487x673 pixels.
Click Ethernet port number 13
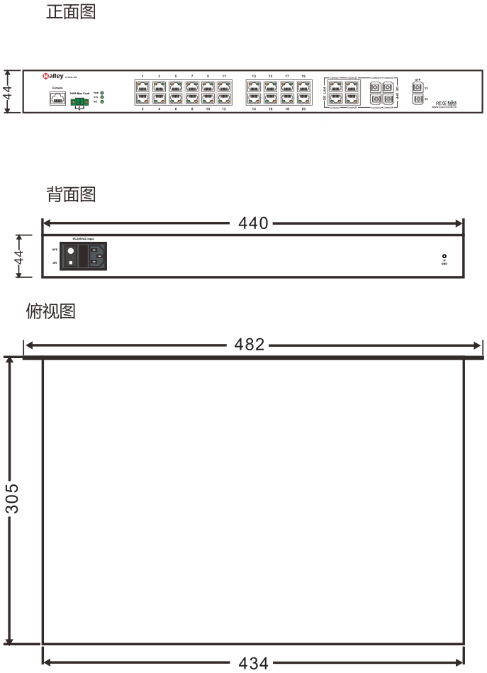(254, 86)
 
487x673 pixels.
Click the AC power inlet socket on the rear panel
(98, 255)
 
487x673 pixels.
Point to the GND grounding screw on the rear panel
(444, 257)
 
